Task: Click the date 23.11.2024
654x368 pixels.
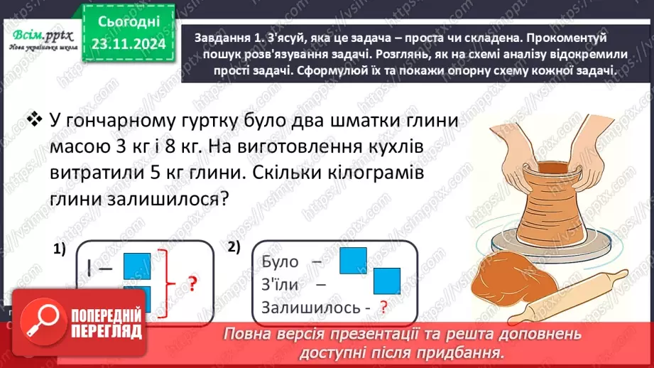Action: pyautogui.click(x=128, y=43)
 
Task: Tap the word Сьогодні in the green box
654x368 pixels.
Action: pyautogui.click(x=128, y=21)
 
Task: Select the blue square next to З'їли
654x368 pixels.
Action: pyautogui.click(x=386, y=282)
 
